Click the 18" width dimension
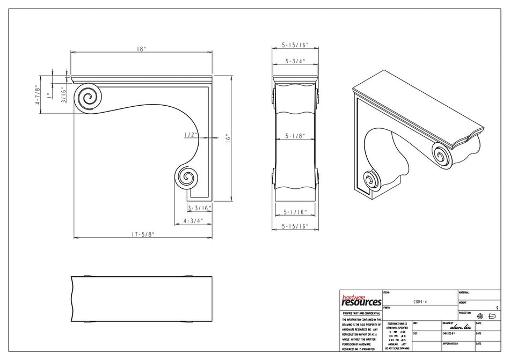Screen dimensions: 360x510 click(x=141, y=49)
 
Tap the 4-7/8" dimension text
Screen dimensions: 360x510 click(x=38, y=95)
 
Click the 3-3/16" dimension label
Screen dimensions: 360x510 click(x=200, y=207)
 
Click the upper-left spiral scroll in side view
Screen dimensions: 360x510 click(x=88, y=98)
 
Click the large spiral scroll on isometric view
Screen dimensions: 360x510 click(x=441, y=156)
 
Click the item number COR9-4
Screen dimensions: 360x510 click(x=420, y=302)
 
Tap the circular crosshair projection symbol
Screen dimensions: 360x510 click(x=480, y=316)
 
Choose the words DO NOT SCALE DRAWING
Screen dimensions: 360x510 click(x=397, y=349)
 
